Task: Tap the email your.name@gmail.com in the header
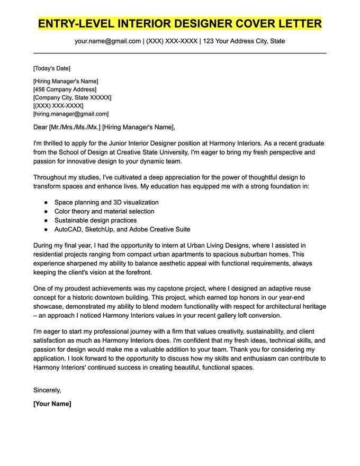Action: coord(107,41)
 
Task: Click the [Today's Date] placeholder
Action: coord(51,68)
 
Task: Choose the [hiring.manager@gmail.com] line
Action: coord(70,114)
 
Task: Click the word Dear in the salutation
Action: coord(40,127)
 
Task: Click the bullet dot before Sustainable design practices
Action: coord(46,220)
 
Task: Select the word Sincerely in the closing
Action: coord(47,390)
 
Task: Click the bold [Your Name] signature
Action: coord(52,404)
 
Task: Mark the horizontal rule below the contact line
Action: coord(180,53)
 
